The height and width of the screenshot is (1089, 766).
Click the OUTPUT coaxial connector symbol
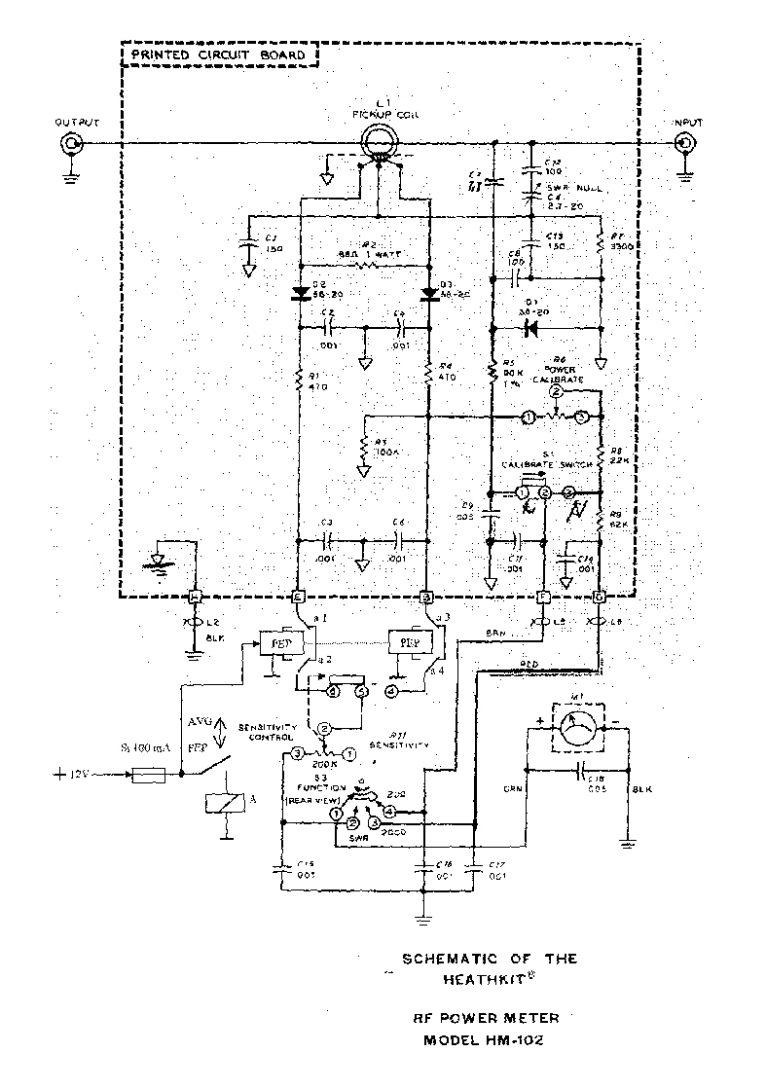(x=71, y=145)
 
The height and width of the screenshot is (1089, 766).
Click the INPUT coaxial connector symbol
(x=687, y=145)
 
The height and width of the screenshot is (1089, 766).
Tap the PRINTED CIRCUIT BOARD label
(x=224, y=55)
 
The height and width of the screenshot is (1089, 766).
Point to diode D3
(x=428, y=292)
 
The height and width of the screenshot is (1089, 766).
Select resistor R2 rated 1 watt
(x=362, y=263)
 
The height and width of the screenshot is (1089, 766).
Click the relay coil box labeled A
(x=224, y=803)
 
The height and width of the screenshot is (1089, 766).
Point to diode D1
(x=531, y=328)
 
